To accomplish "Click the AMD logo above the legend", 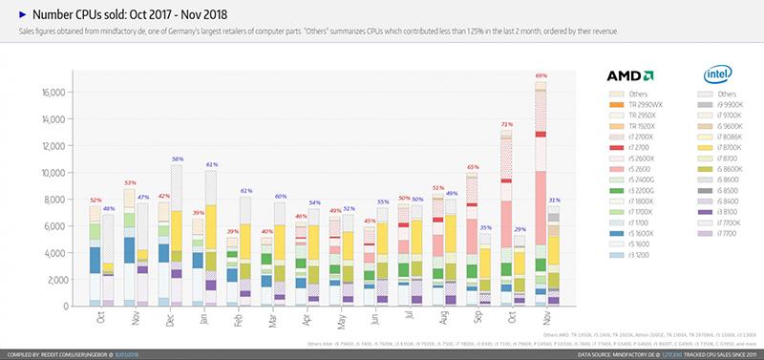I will tap(629, 75).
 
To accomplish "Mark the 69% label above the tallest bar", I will tap(541, 74).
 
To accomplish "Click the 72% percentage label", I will tap(507, 124).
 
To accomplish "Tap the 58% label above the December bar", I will tap(177, 159).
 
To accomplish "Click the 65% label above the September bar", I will tap(472, 167).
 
